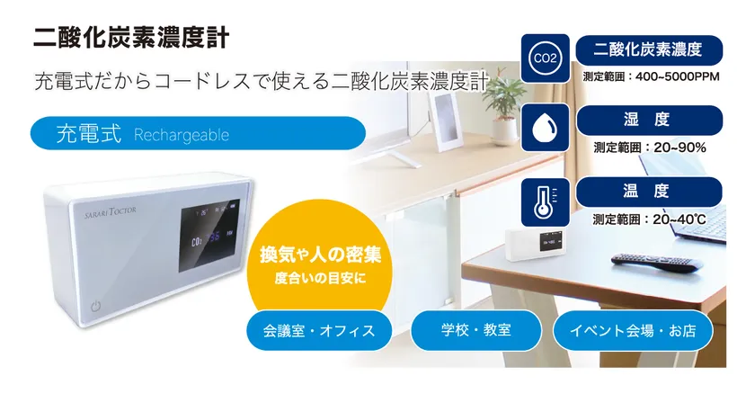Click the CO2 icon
click(545, 58)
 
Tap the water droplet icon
click(545, 128)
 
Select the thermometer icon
click(545, 202)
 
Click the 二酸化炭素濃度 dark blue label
click(649, 50)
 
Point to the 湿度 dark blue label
click(649, 121)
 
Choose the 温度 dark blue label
click(649, 192)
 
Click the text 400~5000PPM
click(678, 76)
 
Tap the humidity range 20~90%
click(679, 148)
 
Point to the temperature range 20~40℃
click(679, 219)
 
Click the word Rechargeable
click(182, 135)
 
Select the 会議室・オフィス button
click(319, 330)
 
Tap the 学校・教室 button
click(475, 330)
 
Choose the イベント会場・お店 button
click(633, 330)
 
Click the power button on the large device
click(96, 306)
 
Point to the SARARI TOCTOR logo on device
click(111, 212)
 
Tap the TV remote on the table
click(656, 263)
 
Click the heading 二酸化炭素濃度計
click(131, 38)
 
